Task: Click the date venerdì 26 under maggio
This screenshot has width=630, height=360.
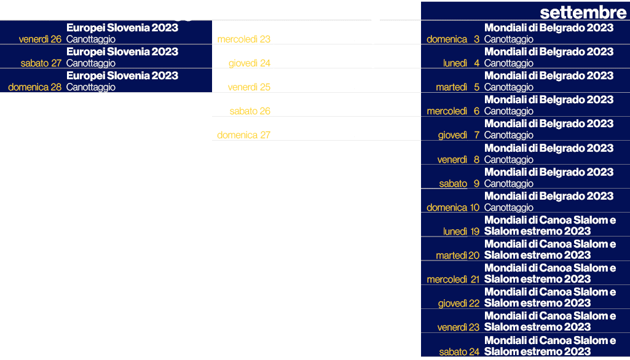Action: (x=40, y=39)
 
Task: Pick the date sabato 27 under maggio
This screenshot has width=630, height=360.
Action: (x=41, y=63)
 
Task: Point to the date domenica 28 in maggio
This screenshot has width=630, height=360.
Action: (x=35, y=87)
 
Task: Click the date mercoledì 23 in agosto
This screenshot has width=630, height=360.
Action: (x=244, y=39)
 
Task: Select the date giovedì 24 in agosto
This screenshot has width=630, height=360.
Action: (x=249, y=63)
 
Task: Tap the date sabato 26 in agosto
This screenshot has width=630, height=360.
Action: (x=250, y=111)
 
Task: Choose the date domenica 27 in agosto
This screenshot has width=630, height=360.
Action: (x=243, y=135)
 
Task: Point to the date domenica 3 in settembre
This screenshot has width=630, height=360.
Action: (x=453, y=39)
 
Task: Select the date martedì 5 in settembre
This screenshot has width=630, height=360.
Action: (x=457, y=87)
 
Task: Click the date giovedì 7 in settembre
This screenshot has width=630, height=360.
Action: (x=459, y=135)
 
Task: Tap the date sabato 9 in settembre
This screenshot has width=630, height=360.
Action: (x=459, y=184)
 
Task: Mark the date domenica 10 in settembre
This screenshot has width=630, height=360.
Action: (x=453, y=208)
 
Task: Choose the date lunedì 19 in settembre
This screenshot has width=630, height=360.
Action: (x=461, y=232)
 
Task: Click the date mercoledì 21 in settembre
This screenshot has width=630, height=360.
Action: (x=453, y=280)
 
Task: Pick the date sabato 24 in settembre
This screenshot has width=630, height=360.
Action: (x=459, y=352)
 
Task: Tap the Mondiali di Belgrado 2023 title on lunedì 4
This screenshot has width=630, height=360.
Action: (x=549, y=52)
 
